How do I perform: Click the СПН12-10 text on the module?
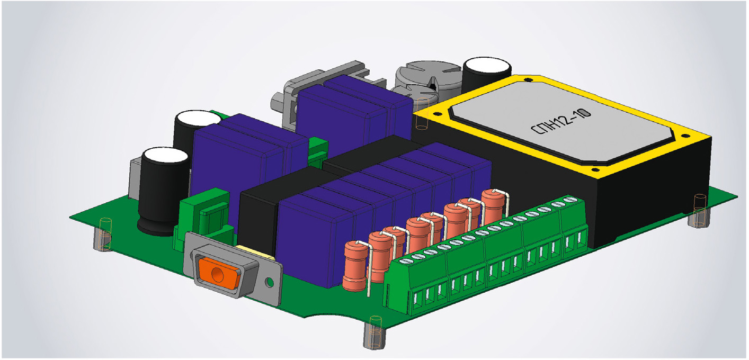[x=561, y=121]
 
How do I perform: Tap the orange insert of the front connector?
[x=219, y=273]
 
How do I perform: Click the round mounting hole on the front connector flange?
[x=270, y=283]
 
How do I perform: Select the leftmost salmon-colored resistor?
[x=355, y=266]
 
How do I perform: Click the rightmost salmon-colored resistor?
[x=493, y=204]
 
